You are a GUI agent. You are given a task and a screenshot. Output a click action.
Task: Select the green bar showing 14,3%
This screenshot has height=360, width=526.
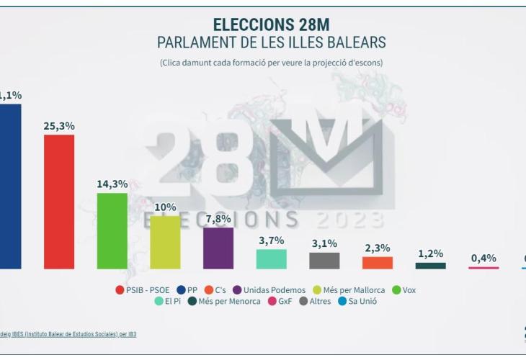(112, 230)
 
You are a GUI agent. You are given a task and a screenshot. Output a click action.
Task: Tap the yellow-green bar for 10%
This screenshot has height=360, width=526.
(165, 242)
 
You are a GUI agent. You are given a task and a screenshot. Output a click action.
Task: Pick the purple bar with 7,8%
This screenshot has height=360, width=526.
(218, 248)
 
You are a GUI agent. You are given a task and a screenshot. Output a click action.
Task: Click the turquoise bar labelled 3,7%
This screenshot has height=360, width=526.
(272, 259)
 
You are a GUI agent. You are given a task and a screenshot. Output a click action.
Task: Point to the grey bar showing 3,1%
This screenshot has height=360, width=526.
(324, 261)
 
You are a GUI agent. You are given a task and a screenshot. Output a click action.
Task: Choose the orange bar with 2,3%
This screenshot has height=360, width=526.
(378, 263)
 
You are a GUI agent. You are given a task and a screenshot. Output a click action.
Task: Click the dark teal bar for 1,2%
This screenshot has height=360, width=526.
(430, 266)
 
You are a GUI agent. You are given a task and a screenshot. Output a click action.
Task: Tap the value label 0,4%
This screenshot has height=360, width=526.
(483, 258)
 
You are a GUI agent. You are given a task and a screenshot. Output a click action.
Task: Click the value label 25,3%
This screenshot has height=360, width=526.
(59, 126)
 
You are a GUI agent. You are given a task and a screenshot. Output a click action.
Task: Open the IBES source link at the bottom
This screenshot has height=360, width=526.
(68, 334)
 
